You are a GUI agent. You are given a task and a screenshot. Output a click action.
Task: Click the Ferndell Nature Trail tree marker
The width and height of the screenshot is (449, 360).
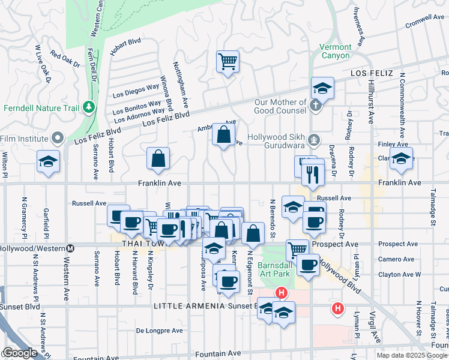tap(89, 106)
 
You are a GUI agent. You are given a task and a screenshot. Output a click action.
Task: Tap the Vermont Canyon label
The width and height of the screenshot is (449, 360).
tap(335, 51)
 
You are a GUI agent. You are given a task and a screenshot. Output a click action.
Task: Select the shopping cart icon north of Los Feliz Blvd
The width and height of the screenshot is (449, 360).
tap(228, 61)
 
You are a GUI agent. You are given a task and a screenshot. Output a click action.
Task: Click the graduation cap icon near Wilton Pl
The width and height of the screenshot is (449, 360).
tap(48, 161)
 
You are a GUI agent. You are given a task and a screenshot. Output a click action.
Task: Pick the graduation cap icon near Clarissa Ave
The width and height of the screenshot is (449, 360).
tap(401, 159)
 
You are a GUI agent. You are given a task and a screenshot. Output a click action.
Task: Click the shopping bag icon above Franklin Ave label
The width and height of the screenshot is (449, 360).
tap(158, 159)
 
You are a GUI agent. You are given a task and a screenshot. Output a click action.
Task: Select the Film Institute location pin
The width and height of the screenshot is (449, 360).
tap(58, 139)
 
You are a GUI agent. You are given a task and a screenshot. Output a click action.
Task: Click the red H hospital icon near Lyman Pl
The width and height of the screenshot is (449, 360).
tap(338, 308)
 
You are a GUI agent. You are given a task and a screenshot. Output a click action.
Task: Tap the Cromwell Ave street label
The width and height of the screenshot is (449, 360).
tap(424, 18)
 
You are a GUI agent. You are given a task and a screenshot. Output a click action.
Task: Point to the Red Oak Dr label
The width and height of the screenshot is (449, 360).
tap(65, 59)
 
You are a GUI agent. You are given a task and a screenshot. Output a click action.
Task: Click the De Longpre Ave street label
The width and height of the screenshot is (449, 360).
tap(159, 331)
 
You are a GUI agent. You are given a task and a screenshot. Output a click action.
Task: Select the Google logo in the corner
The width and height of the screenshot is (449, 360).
tap(19, 353)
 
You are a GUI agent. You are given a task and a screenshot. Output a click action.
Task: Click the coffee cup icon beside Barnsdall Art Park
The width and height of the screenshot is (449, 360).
tap(309, 265)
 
